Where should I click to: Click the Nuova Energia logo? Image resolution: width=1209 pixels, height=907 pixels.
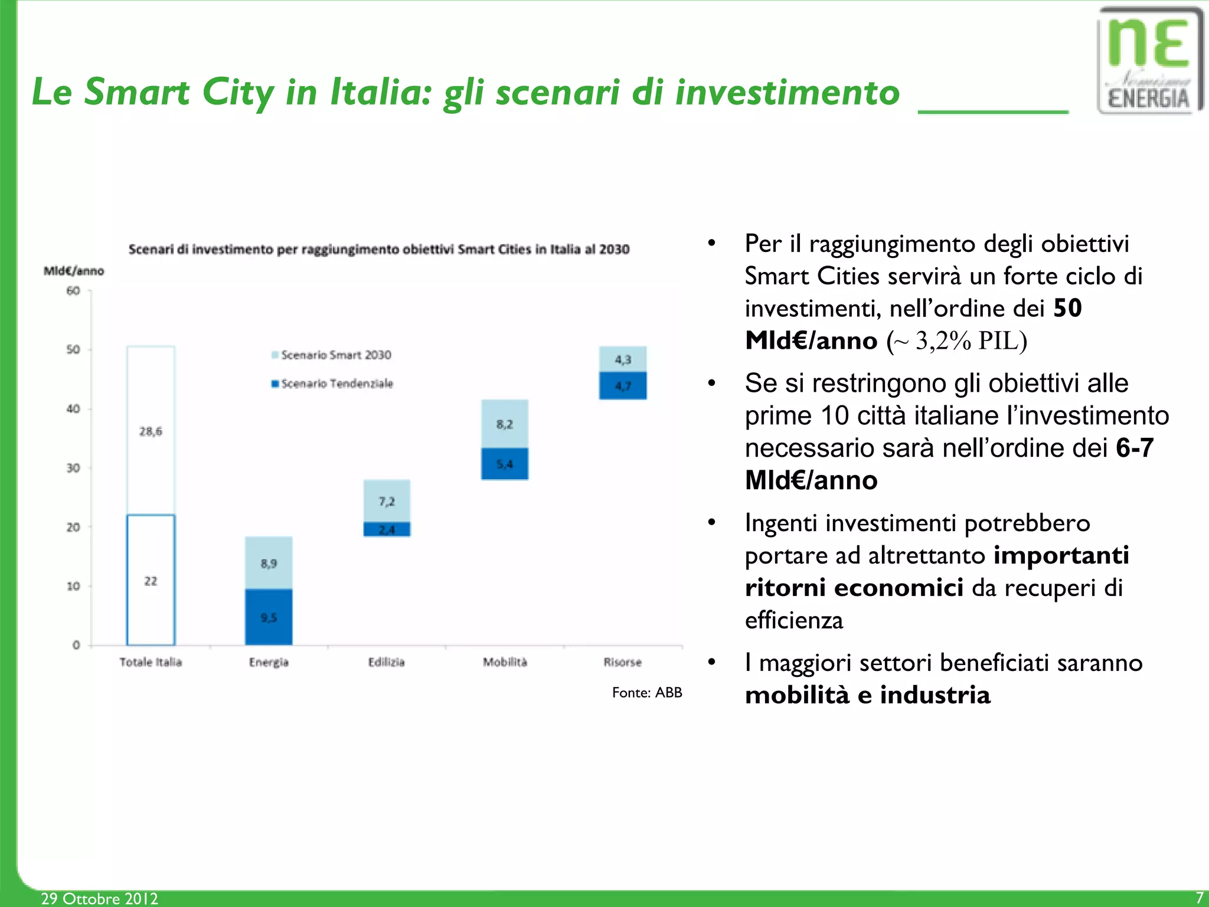[x=1149, y=61]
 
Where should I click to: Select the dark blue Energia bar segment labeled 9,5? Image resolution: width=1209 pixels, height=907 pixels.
[x=269, y=617]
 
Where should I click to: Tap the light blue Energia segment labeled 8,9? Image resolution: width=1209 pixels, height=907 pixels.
[x=269, y=563]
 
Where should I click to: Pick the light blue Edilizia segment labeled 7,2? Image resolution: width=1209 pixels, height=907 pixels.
[x=387, y=501]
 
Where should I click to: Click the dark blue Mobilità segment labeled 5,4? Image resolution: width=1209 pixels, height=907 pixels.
[x=505, y=464]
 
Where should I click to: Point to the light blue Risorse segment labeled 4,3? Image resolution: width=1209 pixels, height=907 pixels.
[x=623, y=359]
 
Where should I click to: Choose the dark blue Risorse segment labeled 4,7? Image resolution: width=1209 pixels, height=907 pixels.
[x=623, y=386]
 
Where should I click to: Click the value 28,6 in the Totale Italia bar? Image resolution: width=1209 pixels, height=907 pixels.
[x=151, y=431]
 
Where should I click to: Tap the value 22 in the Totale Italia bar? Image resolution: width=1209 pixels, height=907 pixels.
[x=151, y=581]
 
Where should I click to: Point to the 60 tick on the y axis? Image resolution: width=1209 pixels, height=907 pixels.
[x=73, y=290]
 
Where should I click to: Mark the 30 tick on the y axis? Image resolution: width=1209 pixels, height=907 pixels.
[x=73, y=468]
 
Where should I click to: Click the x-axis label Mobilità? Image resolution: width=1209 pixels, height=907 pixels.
[x=505, y=662]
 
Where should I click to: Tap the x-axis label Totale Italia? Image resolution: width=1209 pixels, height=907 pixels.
[x=151, y=662]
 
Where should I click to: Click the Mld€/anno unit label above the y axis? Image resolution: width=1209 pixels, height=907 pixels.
[x=74, y=271]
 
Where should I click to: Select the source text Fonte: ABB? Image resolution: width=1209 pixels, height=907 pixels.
[x=647, y=692]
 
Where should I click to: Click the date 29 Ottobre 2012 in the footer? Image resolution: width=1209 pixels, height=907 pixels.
[x=99, y=898]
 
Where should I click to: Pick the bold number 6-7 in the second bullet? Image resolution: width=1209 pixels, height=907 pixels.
[x=1134, y=448]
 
